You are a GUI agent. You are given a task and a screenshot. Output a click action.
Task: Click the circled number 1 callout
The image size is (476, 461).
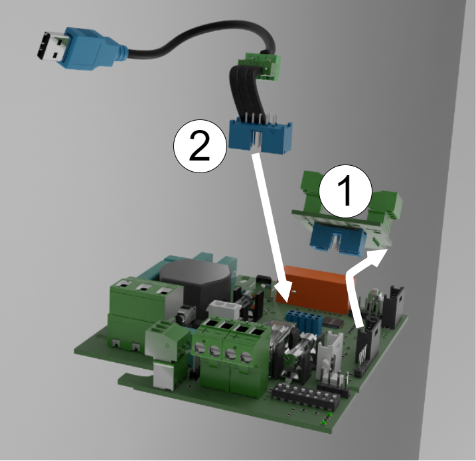[x=345, y=192]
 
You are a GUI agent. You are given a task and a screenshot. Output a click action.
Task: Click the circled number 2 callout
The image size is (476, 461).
[x=200, y=146]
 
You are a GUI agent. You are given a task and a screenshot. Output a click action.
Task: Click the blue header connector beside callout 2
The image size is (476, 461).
[x=260, y=135]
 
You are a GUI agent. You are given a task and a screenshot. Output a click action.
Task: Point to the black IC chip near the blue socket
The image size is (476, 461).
[x=333, y=322]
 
